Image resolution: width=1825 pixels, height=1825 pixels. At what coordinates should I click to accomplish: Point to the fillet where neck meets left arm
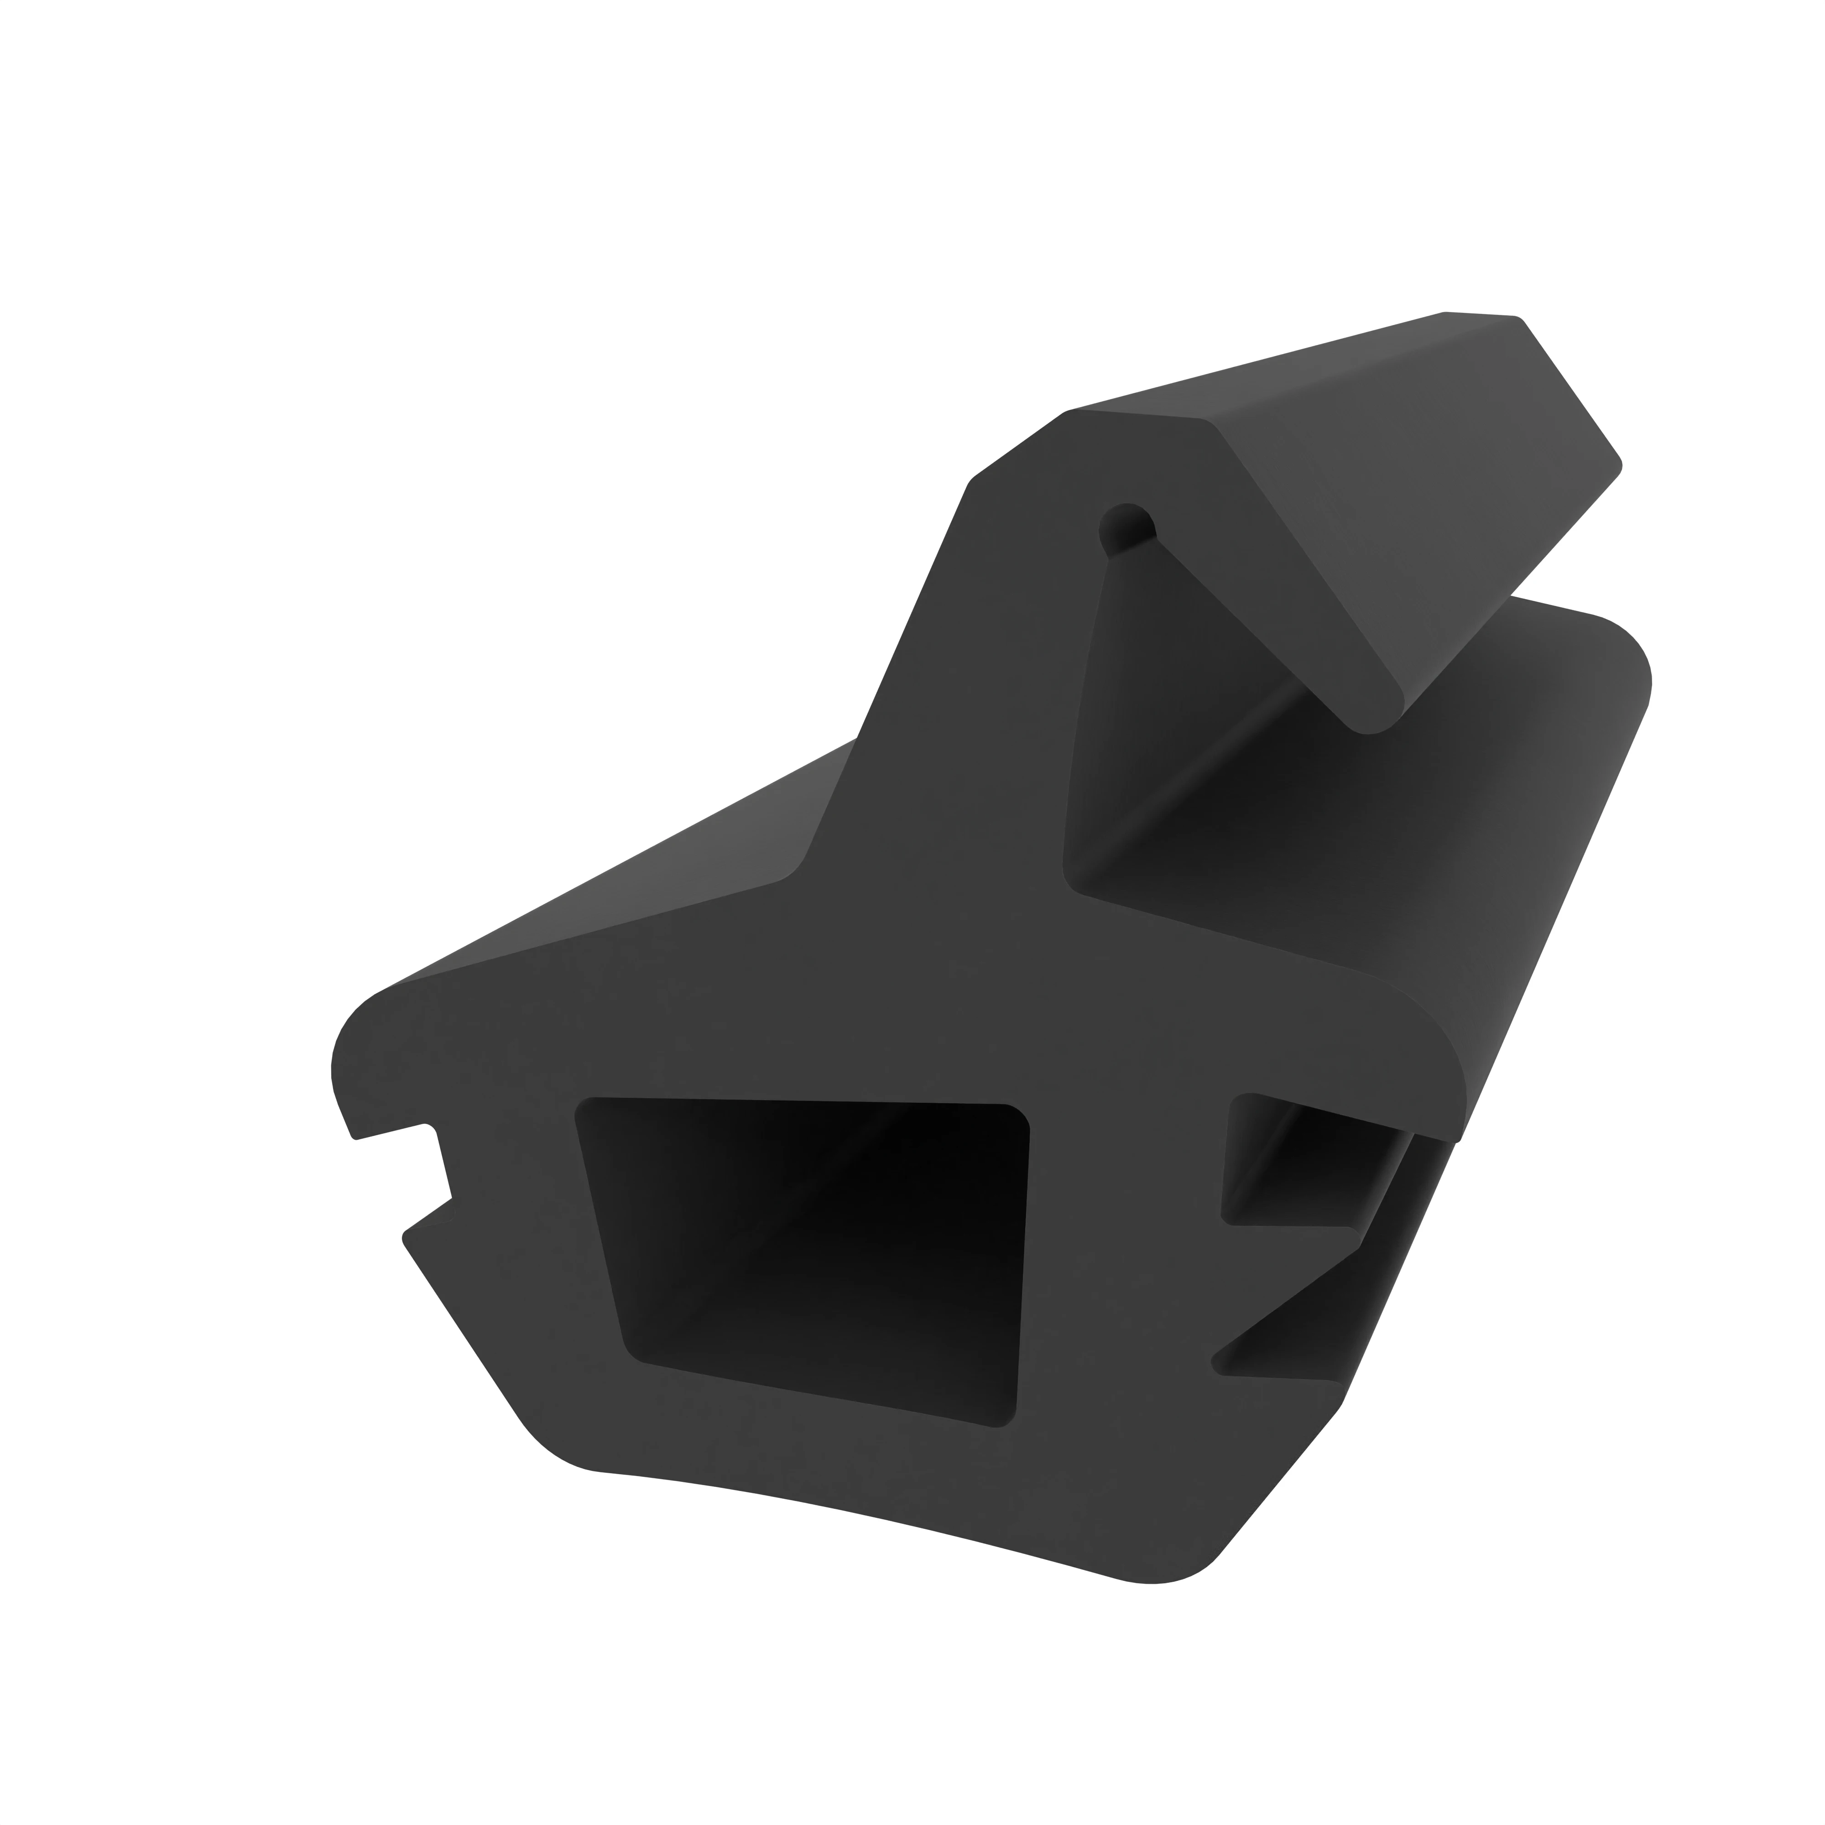[793, 864]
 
